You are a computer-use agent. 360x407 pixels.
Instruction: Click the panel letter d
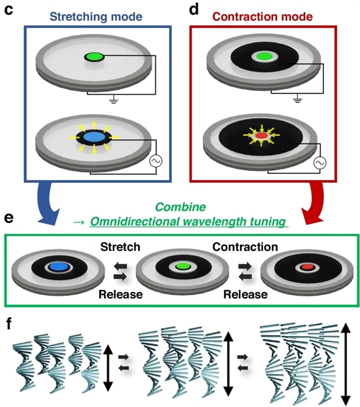coord(195,11)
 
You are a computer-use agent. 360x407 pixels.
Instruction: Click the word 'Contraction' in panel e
coord(245,247)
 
